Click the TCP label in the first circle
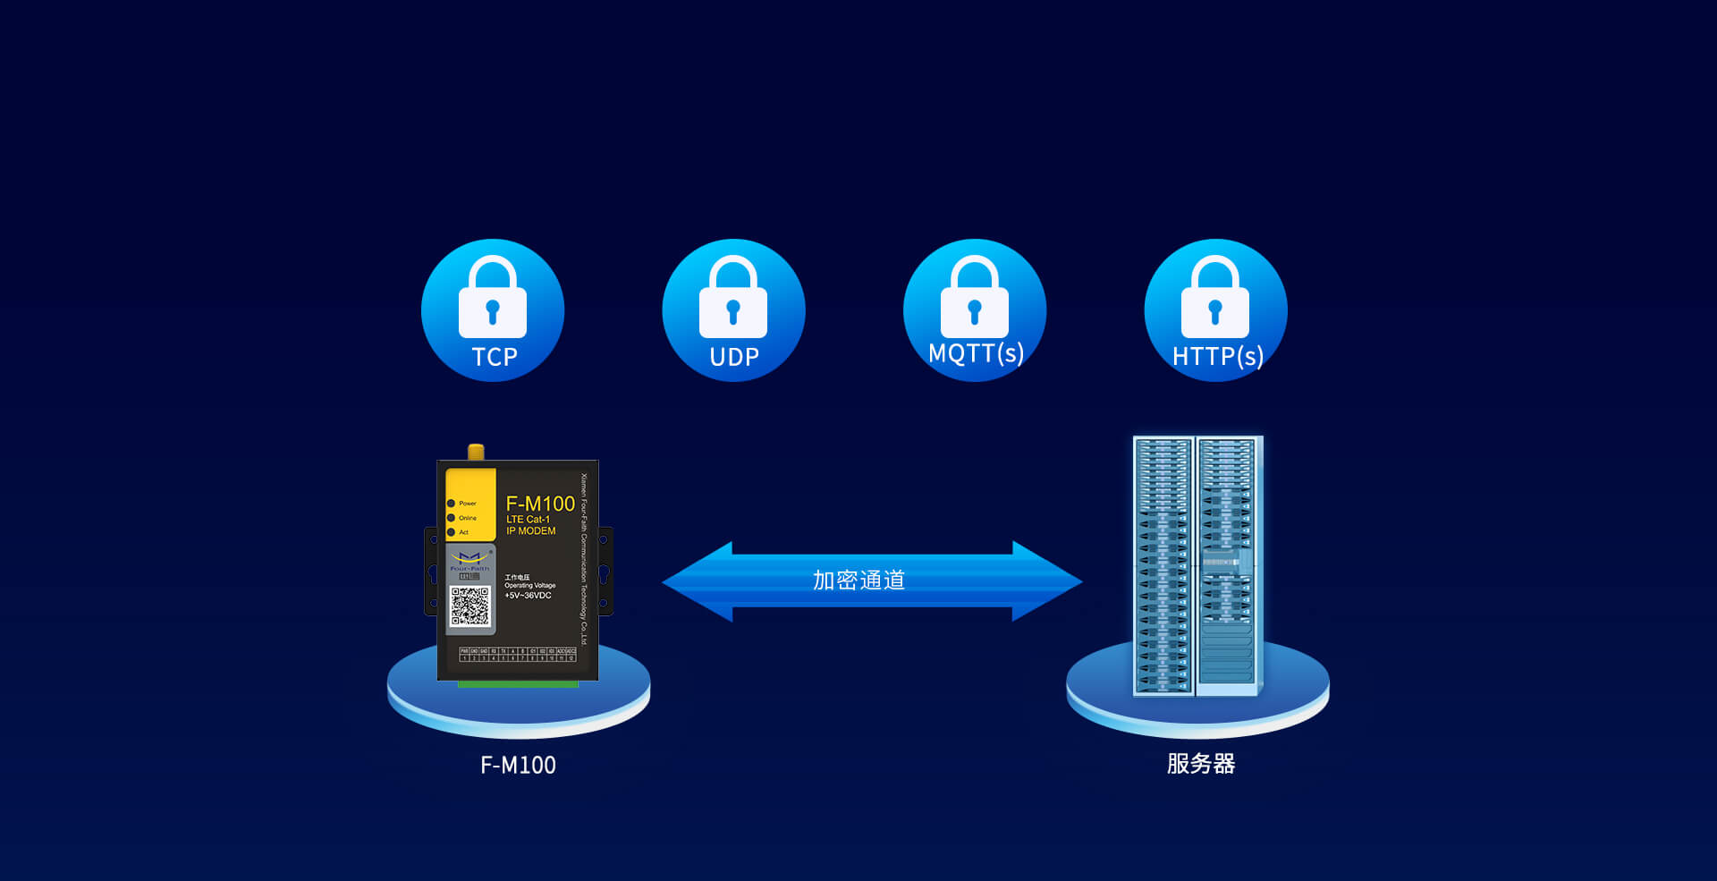tap(494, 357)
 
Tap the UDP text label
tap(734, 357)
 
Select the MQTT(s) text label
tap(976, 353)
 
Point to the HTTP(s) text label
tap(1217, 357)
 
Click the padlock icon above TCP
tap(493, 300)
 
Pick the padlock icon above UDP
tap(733, 300)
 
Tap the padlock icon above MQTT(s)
tap(975, 300)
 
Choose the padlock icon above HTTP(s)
tap(1215, 300)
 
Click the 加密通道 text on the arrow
tap(858, 580)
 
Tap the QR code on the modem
tap(470, 607)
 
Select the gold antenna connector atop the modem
tap(476, 452)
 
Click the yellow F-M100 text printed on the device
tap(540, 504)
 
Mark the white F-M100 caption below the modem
tap(518, 766)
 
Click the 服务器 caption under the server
tap(1200, 764)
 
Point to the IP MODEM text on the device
tap(531, 531)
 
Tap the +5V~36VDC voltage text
tap(528, 596)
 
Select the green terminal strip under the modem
tap(518, 684)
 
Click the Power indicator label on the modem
tap(468, 504)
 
